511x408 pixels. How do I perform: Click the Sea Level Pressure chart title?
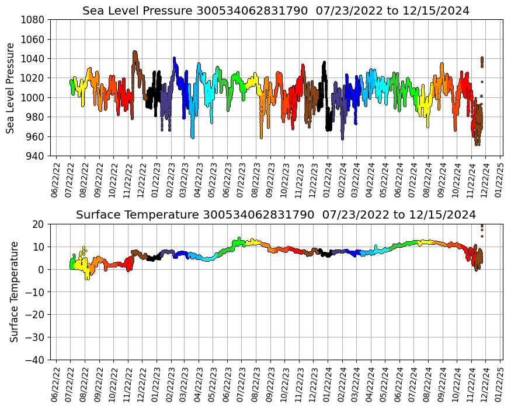coord(276,11)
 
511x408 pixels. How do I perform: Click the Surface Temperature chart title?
coord(276,214)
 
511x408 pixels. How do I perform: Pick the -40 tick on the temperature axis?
coord(35,360)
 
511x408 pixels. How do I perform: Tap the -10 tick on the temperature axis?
coord(35,292)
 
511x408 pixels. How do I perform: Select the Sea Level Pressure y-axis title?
coord(11,87)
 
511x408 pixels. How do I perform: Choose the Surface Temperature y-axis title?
coord(14,291)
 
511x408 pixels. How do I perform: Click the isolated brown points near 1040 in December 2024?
coord(482,61)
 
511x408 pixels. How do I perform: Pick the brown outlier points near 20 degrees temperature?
coord(482,227)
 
